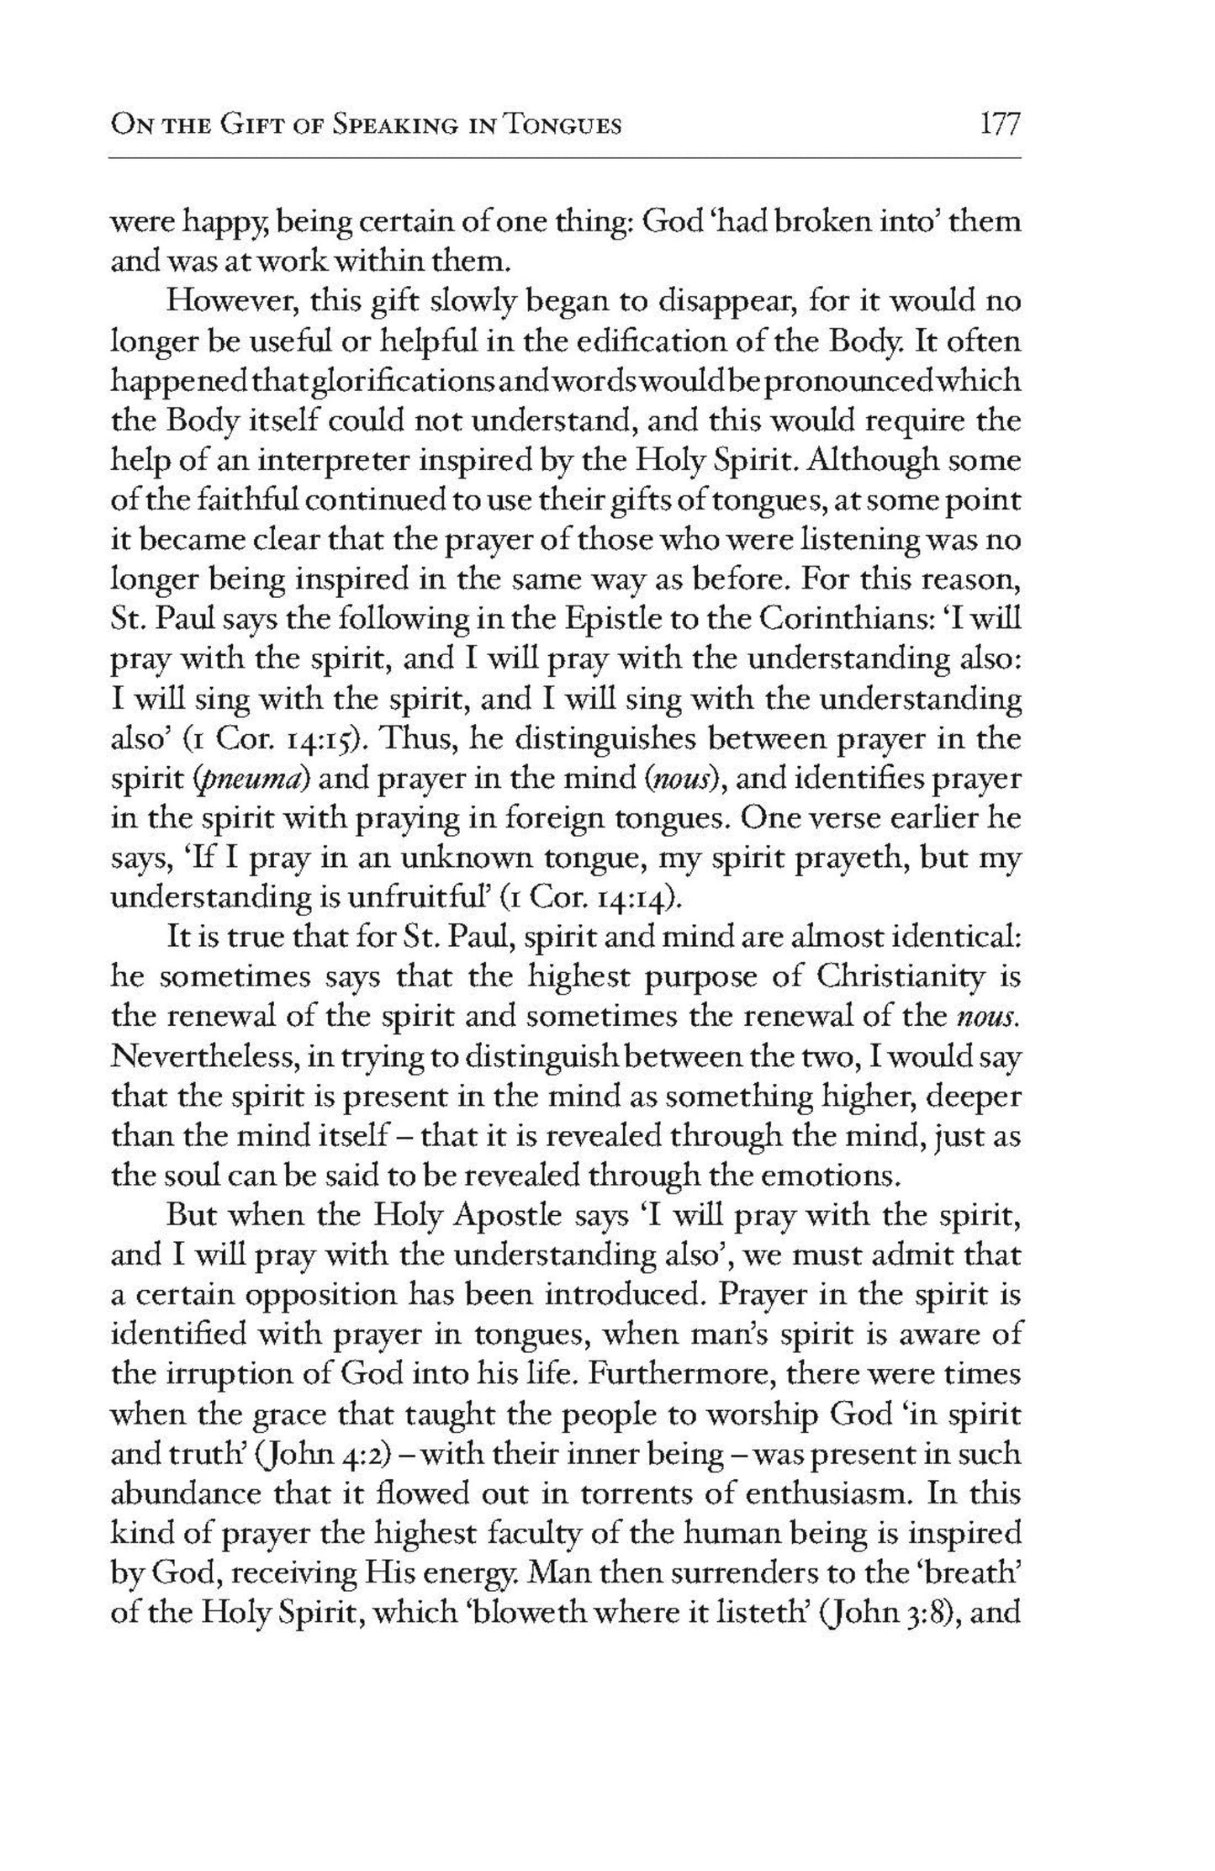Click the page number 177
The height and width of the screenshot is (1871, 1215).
tap(999, 125)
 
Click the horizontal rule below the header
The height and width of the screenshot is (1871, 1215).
tap(565, 157)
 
